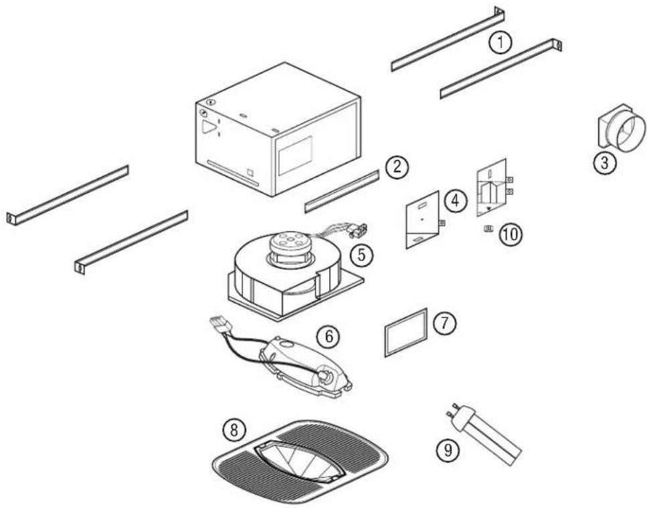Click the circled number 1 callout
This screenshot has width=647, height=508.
point(499,43)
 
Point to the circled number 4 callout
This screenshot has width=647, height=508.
point(455,199)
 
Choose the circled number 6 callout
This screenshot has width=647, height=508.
point(327,337)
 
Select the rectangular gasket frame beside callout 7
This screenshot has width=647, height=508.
point(406,332)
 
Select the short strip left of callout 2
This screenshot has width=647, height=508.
point(341,191)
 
